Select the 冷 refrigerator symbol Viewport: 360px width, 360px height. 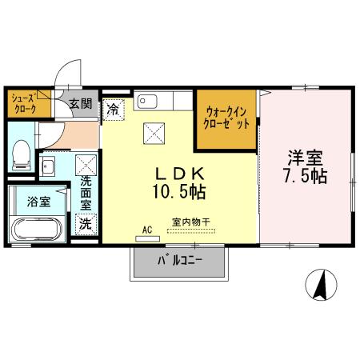click(x=115, y=107)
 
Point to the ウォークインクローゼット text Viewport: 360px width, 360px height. click(x=227, y=118)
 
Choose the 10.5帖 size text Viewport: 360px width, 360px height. click(x=177, y=192)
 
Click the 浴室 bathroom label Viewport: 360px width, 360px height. click(x=39, y=202)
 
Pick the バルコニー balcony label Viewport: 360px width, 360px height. click(x=180, y=260)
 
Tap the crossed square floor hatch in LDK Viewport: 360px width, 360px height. click(x=153, y=134)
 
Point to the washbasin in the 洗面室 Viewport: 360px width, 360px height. click(x=47, y=167)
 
